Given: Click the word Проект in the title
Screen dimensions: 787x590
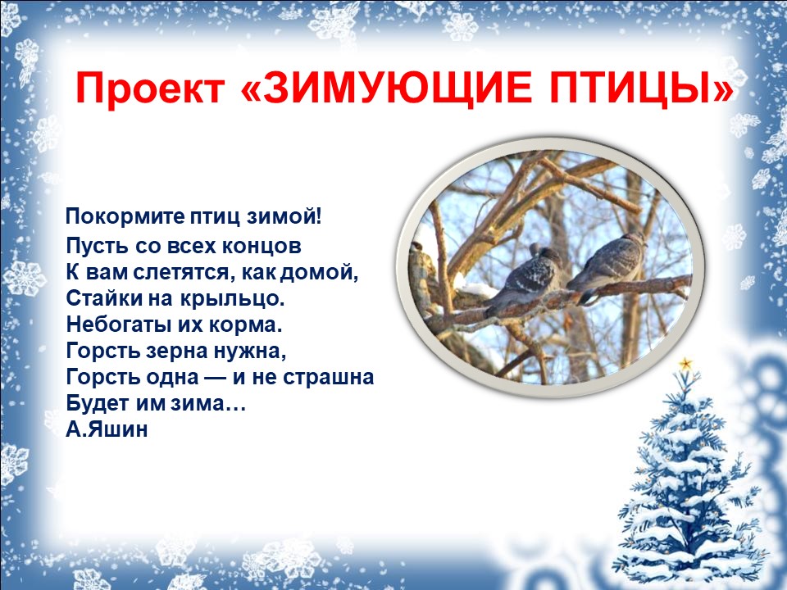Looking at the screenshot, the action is click(x=149, y=88).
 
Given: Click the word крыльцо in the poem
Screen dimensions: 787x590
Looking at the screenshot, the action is click(x=229, y=298).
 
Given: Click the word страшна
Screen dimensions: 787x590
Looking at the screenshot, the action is click(x=328, y=377).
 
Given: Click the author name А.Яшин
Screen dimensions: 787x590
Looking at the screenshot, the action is click(x=107, y=429).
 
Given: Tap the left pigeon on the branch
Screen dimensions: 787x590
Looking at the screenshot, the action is click(x=524, y=278).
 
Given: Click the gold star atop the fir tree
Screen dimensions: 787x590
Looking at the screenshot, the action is click(x=685, y=364).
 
